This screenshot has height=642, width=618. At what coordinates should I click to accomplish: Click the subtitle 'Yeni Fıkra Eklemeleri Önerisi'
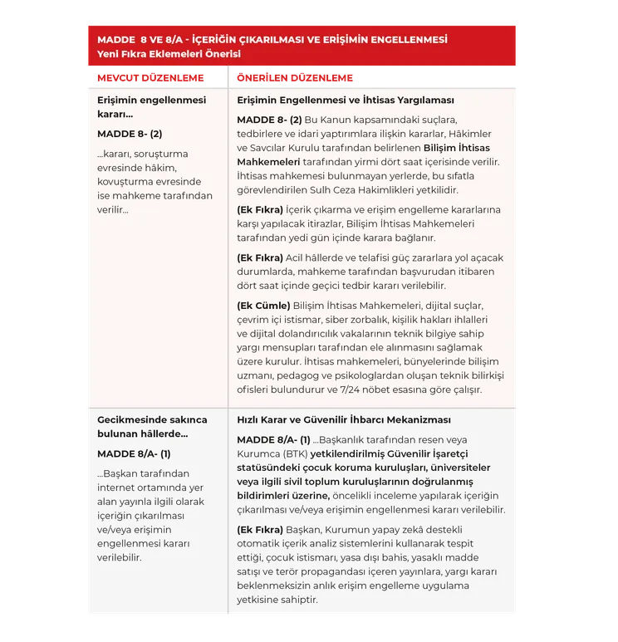point(169,54)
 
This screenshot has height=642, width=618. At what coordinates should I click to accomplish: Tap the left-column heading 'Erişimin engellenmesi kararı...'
point(151,106)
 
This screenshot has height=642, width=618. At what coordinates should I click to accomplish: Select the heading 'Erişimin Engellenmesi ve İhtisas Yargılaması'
point(346,100)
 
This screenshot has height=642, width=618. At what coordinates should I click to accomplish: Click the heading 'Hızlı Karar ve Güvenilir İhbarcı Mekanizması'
point(344,419)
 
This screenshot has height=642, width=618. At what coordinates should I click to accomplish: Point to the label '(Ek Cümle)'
point(263,305)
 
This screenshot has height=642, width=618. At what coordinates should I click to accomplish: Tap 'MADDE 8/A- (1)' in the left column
point(134,453)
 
